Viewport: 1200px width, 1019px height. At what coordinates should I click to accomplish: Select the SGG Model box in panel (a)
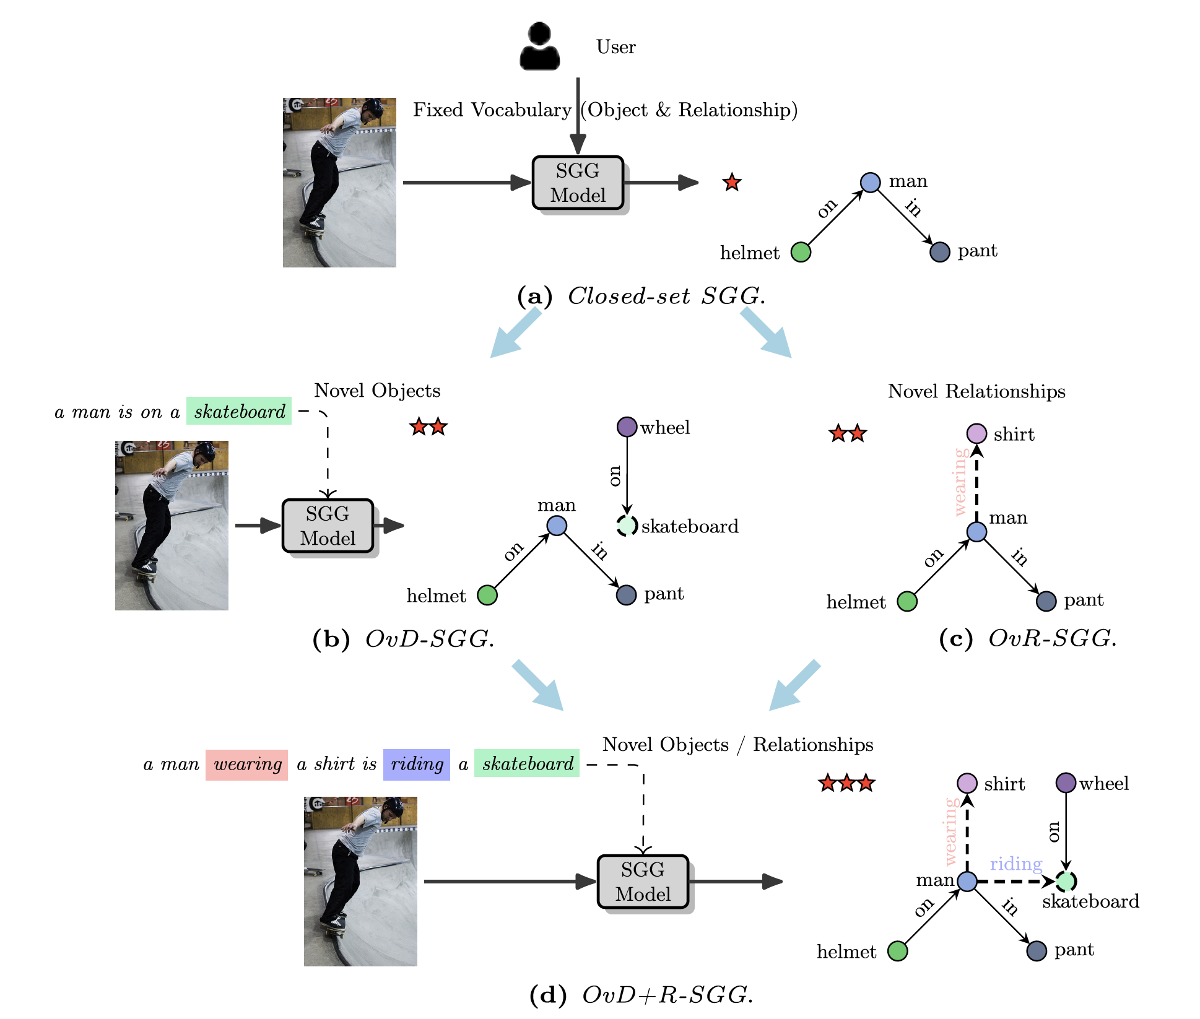578,183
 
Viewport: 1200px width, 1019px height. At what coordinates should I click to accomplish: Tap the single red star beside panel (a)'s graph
732,183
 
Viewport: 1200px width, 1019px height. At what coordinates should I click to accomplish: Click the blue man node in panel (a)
870,182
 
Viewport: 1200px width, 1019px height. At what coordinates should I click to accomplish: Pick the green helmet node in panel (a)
801,252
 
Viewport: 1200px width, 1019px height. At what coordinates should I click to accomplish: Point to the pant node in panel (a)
939,252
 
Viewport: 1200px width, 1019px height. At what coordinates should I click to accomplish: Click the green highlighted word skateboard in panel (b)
239,411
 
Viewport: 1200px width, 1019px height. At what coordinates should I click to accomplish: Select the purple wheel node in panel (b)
627,427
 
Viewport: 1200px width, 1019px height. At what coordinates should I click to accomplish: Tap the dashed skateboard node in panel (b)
627,526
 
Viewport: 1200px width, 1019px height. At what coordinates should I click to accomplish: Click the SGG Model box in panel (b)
328,526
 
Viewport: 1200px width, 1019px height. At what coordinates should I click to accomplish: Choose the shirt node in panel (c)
976,433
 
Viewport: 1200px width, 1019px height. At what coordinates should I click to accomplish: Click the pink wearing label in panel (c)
960,482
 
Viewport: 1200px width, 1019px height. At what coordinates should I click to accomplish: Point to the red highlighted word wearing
247,764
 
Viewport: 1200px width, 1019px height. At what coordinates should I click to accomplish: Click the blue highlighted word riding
417,764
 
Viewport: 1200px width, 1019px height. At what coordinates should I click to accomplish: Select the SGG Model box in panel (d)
643,882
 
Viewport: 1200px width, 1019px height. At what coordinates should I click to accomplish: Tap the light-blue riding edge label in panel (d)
1015,864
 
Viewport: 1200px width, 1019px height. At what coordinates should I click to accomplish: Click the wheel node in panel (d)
1065,783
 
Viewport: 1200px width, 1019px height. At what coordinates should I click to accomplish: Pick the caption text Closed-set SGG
666,296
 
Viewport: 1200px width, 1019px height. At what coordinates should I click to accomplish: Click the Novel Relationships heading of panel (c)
976,391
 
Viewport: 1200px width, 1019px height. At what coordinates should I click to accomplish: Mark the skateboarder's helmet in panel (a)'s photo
373,106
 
